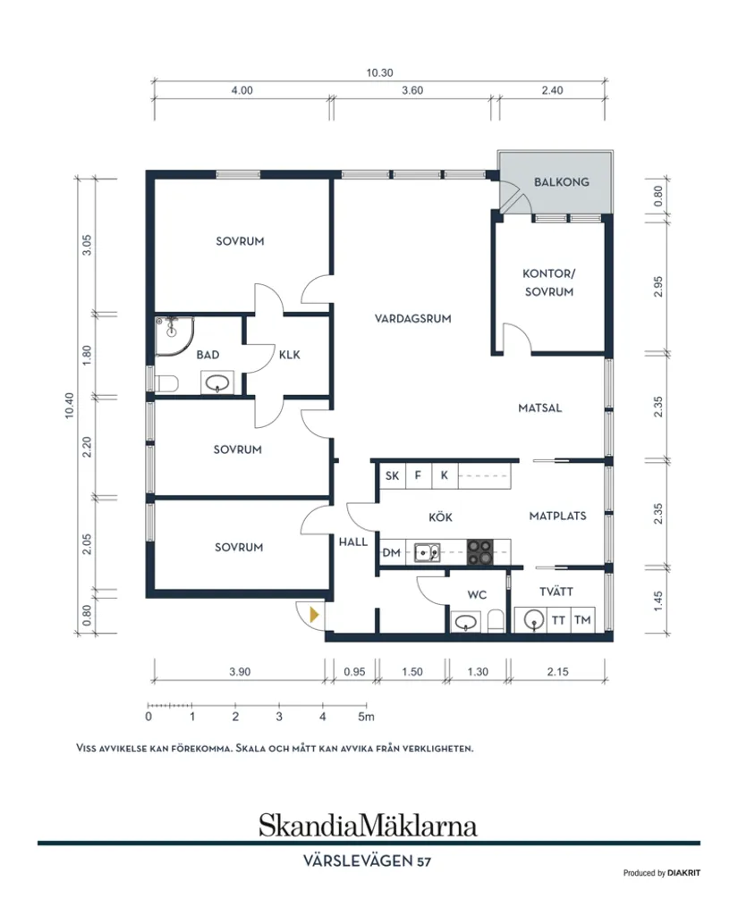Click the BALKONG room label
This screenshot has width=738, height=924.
[x=561, y=182]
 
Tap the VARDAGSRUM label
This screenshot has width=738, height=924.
[x=412, y=319]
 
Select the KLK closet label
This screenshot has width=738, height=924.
[x=290, y=355]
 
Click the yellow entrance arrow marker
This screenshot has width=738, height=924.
[x=314, y=615]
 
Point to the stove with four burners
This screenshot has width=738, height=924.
[x=479, y=552]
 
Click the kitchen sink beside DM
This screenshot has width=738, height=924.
[x=427, y=553]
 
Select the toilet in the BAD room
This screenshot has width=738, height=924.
[x=165, y=383]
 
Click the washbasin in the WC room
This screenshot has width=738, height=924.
[x=465, y=622]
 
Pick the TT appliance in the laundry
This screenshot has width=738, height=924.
[x=558, y=620]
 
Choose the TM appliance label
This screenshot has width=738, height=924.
[x=582, y=620]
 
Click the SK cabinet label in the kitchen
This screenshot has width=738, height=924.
[x=392, y=475]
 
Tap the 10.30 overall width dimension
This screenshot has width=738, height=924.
[x=379, y=73]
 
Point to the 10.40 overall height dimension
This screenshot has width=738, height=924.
[x=70, y=406]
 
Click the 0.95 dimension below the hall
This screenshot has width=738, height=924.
[x=354, y=672]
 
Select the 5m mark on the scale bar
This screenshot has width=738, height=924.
[x=367, y=717]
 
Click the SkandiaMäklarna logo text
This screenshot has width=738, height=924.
[x=368, y=825]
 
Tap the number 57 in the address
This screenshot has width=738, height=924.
[x=424, y=862]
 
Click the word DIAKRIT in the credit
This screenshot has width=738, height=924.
[x=684, y=873]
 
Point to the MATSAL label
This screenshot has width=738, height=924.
[x=539, y=407]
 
